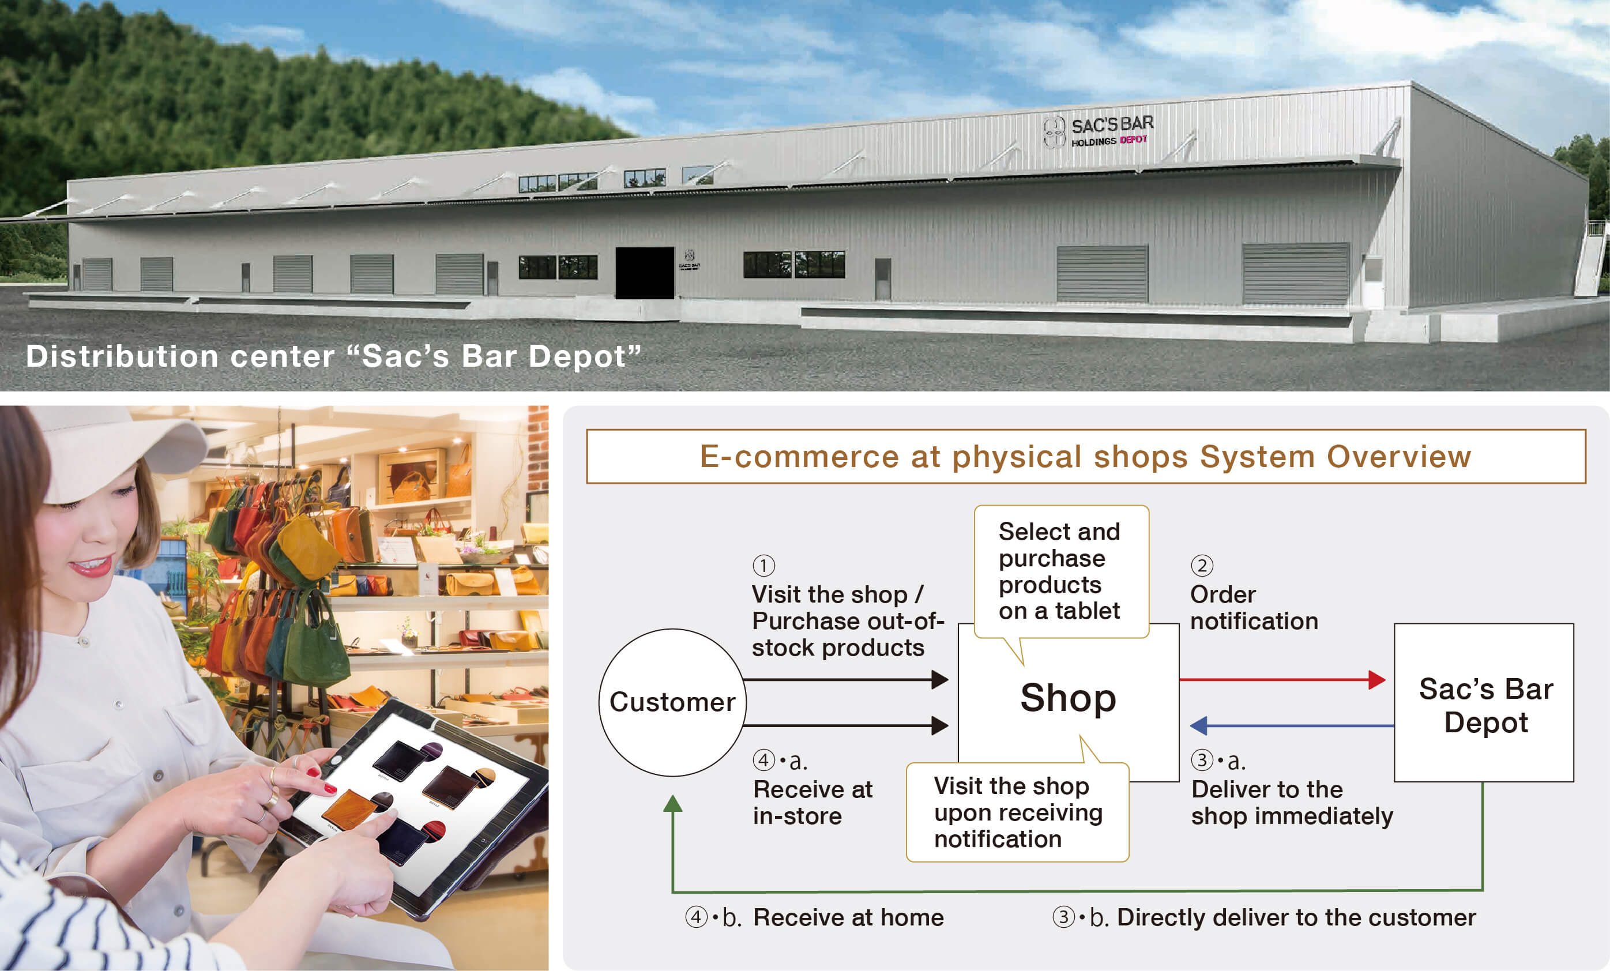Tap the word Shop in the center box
(x=1069, y=698)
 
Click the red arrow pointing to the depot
(x=1282, y=680)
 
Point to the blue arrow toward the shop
(x=1292, y=725)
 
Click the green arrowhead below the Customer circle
(x=673, y=804)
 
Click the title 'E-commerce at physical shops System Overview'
(x=1085, y=456)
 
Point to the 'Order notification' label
(x=1254, y=608)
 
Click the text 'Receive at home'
(x=848, y=917)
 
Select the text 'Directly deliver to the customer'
(x=1296, y=917)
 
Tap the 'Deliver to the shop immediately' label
(x=1292, y=803)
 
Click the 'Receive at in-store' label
(x=813, y=803)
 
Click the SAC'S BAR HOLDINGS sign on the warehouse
(x=1099, y=131)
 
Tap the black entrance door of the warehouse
(x=645, y=273)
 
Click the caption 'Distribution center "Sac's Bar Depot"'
(x=333, y=356)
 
